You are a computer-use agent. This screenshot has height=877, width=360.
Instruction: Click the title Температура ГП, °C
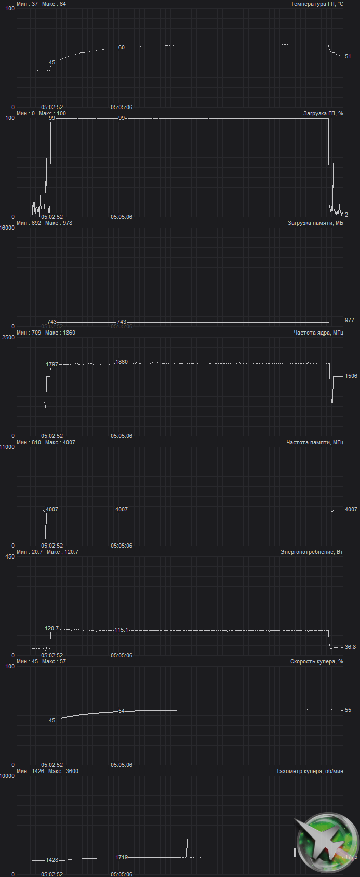[317, 4]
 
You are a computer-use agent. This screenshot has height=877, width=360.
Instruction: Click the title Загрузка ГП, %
[323, 114]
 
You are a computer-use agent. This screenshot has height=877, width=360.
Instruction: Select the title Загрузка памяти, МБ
[315, 223]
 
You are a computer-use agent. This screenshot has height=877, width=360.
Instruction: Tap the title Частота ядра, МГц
[318, 333]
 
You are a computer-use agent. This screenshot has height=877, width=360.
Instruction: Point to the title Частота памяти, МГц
[315, 443]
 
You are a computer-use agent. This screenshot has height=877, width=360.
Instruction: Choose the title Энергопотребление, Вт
[312, 552]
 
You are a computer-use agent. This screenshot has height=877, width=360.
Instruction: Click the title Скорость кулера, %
[316, 662]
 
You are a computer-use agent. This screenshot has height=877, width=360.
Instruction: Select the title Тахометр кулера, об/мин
[310, 772]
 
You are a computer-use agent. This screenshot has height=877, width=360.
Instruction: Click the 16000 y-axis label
[7, 228]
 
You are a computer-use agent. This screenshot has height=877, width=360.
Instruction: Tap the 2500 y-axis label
[8, 337]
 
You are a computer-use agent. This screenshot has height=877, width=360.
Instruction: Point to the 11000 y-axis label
[7, 447]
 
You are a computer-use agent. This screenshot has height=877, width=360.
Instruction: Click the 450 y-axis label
[10, 556]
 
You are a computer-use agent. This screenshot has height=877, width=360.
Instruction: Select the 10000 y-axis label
[7, 776]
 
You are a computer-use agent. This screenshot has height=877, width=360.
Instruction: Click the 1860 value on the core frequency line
[122, 362]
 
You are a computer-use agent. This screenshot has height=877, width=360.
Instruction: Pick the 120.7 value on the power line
[52, 629]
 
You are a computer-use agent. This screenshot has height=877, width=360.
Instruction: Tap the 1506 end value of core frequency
[351, 376]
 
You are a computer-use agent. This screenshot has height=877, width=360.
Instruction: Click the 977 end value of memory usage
[350, 321]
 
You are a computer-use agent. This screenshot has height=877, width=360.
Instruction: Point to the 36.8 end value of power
[351, 647]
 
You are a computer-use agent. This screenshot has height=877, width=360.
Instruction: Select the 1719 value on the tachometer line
[122, 857]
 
